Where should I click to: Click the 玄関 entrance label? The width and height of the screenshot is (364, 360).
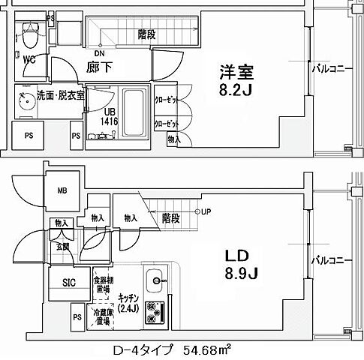click(61, 245)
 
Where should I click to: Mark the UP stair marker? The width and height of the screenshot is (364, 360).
click(205, 211)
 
